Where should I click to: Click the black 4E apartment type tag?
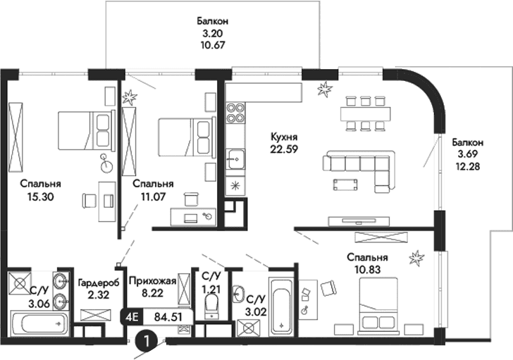pos(133,317)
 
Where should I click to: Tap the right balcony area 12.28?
pos(469,164)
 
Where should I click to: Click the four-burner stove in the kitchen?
pos(235,112)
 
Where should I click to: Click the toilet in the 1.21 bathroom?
pos(211,305)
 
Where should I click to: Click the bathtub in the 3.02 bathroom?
pos(282,309)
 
